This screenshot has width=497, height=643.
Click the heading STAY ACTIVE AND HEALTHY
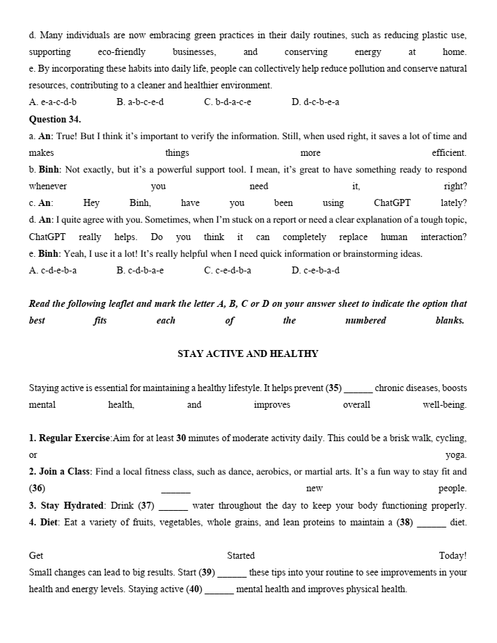(248, 354)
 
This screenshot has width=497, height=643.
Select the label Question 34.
(55, 119)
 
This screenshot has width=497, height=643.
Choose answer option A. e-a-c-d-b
(53, 102)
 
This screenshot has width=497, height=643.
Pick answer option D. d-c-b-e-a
(315, 102)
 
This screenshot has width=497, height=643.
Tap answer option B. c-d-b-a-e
(140, 271)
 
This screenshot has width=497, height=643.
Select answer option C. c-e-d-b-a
(228, 271)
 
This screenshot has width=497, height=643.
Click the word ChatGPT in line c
(392, 203)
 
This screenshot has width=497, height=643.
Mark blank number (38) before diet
(431, 523)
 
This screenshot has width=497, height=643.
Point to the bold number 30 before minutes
(181, 438)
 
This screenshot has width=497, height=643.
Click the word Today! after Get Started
(452, 556)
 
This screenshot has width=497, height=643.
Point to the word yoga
(456, 455)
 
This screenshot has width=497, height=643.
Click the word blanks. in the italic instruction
(450, 321)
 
